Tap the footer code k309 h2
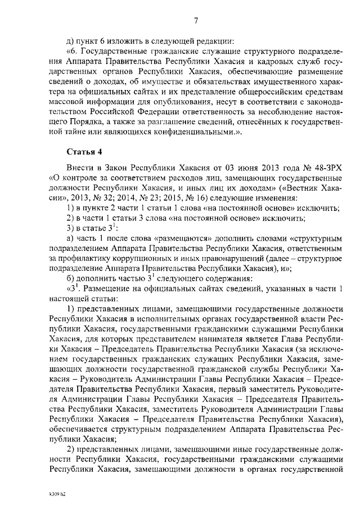pyautogui.click(x=56, y=493)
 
